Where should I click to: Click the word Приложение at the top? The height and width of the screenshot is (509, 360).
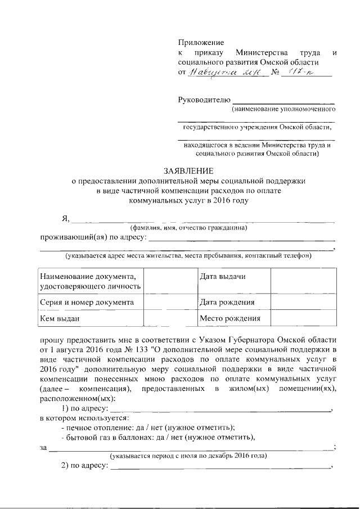[201, 43]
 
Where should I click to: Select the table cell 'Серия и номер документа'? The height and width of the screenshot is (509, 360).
[87, 302]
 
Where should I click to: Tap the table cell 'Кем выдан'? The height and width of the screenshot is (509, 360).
[59, 318]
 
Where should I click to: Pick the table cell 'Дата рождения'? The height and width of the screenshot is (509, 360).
[227, 302]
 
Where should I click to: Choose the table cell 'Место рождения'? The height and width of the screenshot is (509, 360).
[230, 318]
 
